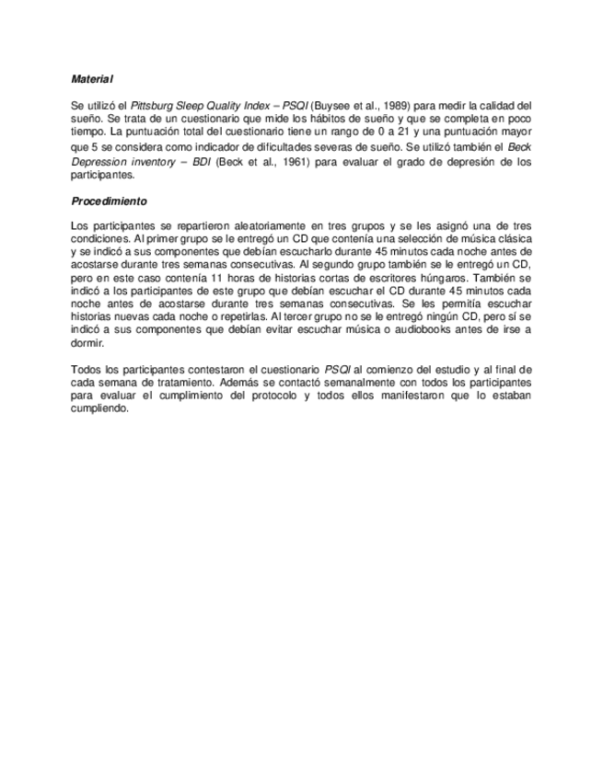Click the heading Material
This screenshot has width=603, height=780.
point(92,80)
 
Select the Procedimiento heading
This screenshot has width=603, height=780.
point(109,201)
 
